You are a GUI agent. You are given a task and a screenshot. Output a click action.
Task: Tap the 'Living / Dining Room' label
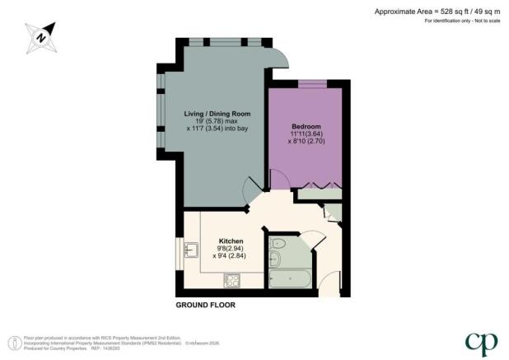pyautogui.click(x=217, y=113)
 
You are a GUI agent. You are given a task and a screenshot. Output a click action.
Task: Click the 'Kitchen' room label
pyautogui.click(x=231, y=240)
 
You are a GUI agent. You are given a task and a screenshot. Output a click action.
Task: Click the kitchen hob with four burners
pyautogui.click(x=231, y=282)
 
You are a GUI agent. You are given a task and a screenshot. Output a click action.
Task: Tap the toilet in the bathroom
pyautogui.click(x=278, y=244)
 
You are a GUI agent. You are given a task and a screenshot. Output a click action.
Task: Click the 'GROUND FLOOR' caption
pyautogui.click(x=205, y=305)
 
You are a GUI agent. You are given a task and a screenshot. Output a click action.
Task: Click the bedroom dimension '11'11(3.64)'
pyautogui.click(x=306, y=133)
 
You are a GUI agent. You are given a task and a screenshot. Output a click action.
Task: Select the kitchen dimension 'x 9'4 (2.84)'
pyautogui.click(x=231, y=255)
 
